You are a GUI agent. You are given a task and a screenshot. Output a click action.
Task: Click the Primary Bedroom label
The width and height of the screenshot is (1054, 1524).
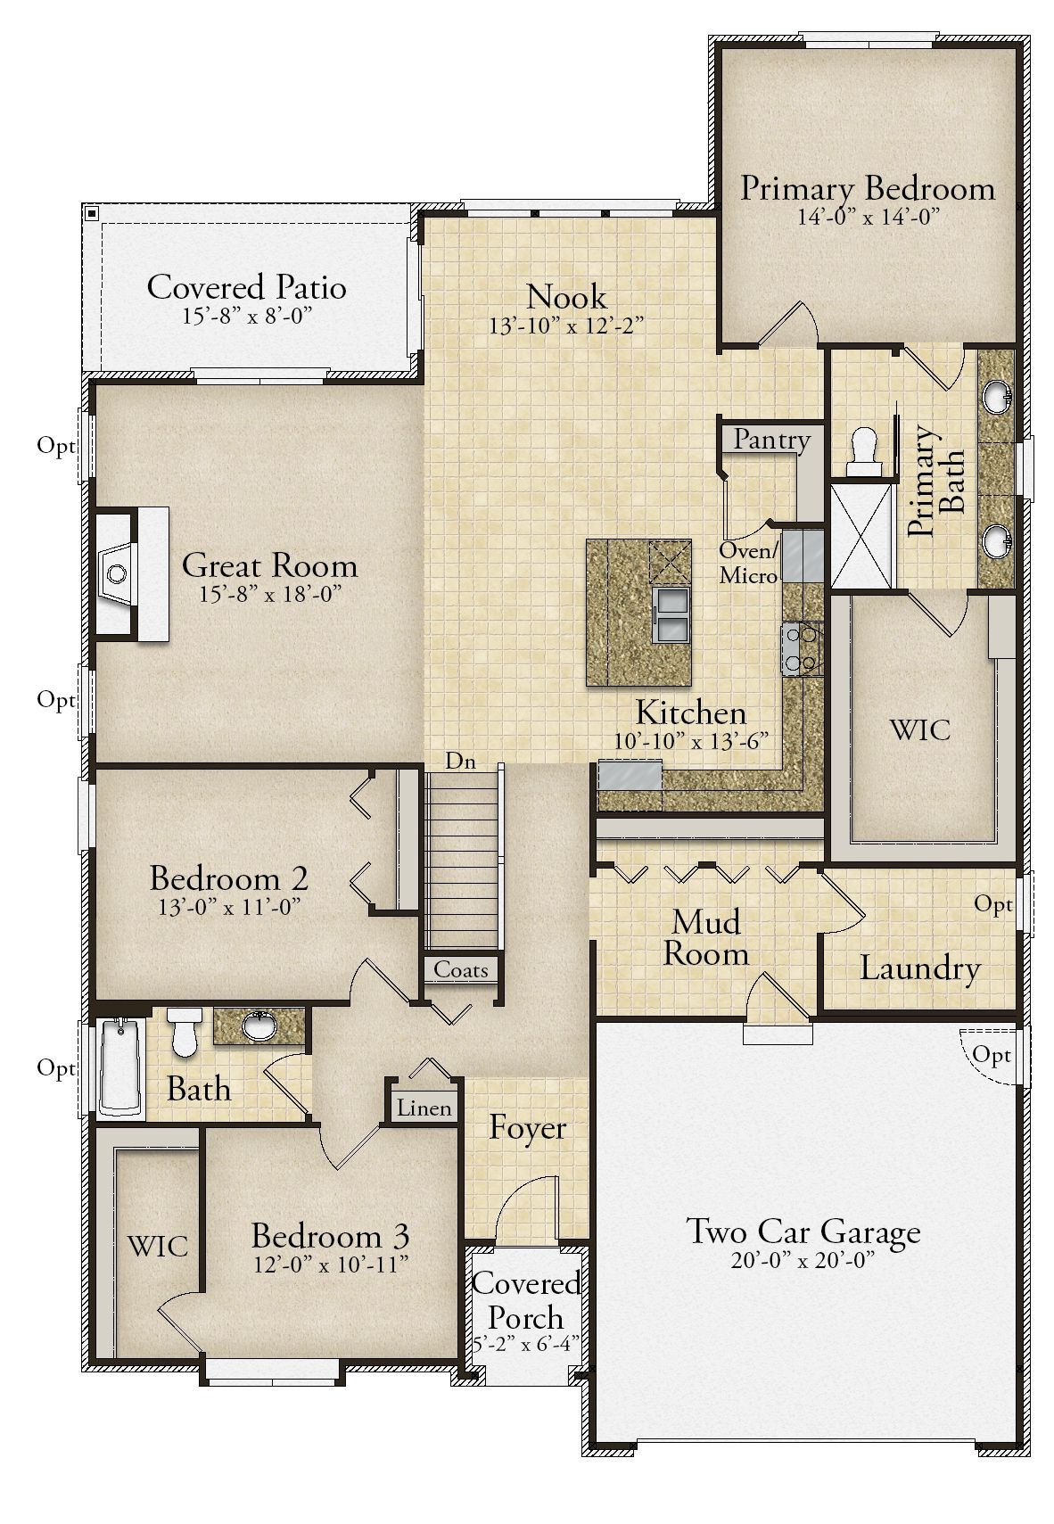pyautogui.click(x=868, y=188)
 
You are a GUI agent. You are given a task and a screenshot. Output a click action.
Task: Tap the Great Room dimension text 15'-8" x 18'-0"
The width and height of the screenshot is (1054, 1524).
pyautogui.click(x=269, y=594)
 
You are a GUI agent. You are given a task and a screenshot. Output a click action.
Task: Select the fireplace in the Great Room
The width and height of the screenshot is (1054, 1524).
pyautogui.click(x=132, y=573)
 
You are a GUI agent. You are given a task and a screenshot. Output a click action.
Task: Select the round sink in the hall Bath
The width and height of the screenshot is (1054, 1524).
pyautogui.click(x=259, y=1026)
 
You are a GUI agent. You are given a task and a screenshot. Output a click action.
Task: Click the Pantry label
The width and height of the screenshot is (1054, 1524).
pyautogui.click(x=771, y=440)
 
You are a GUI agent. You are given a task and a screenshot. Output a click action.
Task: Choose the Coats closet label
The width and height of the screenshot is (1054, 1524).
pyautogui.click(x=461, y=969)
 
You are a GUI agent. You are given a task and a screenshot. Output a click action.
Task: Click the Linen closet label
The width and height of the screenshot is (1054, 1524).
pyautogui.click(x=424, y=1108)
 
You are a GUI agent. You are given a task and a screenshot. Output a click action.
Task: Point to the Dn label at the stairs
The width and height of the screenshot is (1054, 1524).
pyautogui.click(x=460, y=761)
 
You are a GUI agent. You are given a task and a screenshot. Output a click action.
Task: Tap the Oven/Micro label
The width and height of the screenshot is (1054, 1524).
pyautogui.click(x=748, y=563)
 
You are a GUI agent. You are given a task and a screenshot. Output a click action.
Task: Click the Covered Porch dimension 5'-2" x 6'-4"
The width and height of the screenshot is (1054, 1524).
pyautogui.click(x=526, y=1344)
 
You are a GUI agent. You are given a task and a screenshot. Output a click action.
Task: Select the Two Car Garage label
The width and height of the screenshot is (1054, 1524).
pyautogui.click(x=803, y=1232)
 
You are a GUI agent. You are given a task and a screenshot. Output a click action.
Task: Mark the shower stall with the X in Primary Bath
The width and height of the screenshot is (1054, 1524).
pyautogui.click(x=861, y=535)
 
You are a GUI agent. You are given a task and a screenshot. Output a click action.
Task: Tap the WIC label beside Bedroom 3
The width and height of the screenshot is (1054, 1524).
pyautogui.click(x=157, y=1247)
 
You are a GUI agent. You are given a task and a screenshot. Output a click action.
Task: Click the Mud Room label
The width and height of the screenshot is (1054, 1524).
pyautogui.click(x=705, y=937)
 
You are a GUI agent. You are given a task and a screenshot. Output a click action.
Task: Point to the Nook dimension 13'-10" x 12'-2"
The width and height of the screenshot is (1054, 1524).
pyautogui.click(x=566, y=325)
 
